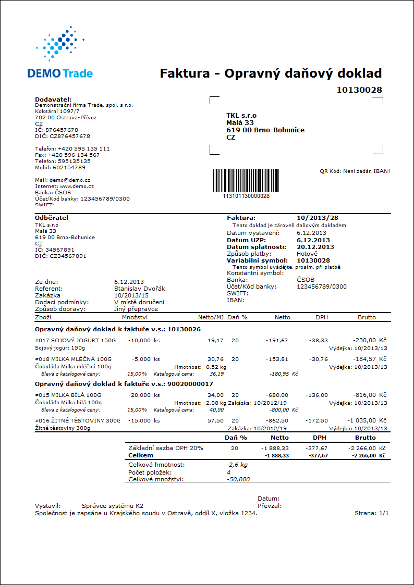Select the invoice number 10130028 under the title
359,90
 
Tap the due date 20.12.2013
315,247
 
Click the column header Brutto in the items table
366,316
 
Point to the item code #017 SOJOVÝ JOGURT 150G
77,340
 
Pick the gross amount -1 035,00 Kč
368,420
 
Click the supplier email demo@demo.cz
71,180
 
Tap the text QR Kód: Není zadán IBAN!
355,170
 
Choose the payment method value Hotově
307,254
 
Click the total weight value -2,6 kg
237,464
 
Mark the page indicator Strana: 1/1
371,513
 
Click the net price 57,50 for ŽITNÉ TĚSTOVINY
215,420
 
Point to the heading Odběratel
52,217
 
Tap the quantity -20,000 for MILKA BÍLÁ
139,395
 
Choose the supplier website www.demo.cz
76,186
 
